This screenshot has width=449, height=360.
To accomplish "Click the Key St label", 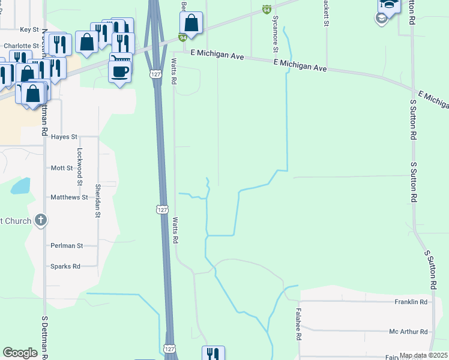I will tap(29, 29).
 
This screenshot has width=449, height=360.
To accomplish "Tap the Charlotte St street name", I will tap(21, 46).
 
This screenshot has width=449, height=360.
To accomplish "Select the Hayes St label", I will tap(64, 137).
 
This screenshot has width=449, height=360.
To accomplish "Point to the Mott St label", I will tap(62, 169).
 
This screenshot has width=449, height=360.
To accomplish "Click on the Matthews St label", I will tap(69, 197).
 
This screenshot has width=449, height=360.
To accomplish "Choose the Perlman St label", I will tap(67, 246).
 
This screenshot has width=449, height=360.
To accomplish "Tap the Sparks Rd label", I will tap(65, 266).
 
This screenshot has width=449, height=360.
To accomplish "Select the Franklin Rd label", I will tap(411, 302).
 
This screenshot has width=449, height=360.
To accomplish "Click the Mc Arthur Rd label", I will tap(408, 332).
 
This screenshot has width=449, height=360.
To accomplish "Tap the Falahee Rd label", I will tap(298, 325).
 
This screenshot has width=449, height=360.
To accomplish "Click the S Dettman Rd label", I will tap(44, 336).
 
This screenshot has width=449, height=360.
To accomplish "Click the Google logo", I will tap(20, 353).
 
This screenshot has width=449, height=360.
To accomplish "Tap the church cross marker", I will tap(40, 220).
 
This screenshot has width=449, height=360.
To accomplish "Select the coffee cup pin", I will tap(119, 71).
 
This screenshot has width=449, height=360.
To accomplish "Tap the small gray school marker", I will tap(381, 18).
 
